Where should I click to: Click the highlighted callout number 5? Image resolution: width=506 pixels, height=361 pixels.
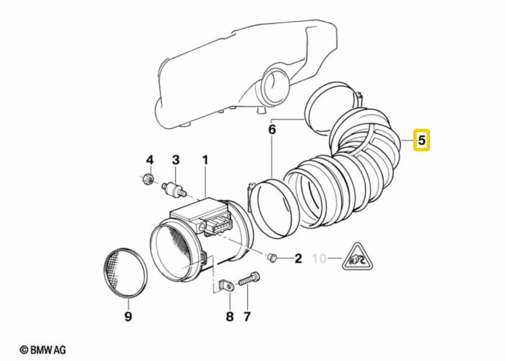point(422,140)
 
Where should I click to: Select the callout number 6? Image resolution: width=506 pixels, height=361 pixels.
point(272,130)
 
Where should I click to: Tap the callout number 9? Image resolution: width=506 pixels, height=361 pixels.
point(128,317)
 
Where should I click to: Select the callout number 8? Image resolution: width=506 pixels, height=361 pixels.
point(229,317)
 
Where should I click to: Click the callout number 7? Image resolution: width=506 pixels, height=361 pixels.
point(247,317)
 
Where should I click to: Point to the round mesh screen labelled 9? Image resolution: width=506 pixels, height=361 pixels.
point(125,272)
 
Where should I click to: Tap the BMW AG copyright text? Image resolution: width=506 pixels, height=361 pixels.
point(43,349)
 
